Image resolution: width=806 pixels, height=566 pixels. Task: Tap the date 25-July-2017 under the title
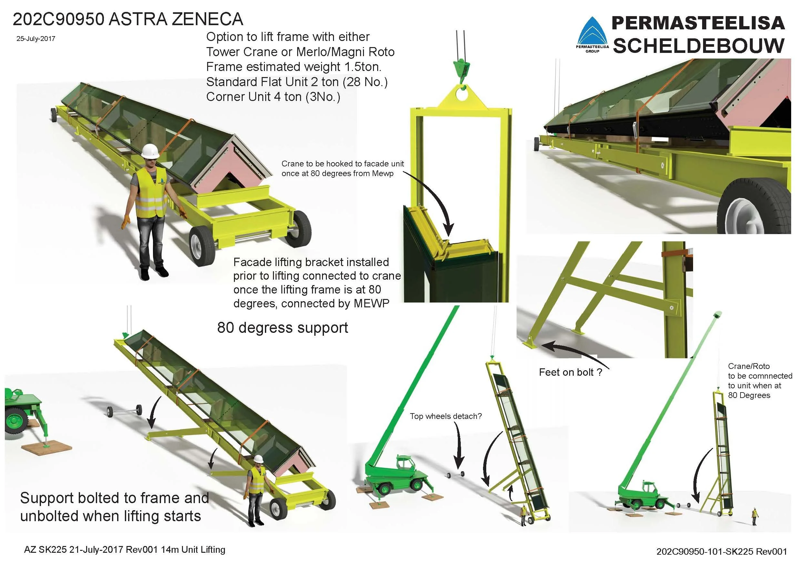coord(35,39)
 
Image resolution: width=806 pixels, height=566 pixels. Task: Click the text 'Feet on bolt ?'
coord(570,372)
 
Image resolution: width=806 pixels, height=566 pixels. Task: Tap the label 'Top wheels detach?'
coord(446,416)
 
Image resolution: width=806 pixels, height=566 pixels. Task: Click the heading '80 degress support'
coord(282,327)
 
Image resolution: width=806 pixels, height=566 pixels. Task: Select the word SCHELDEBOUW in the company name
coord(698,46)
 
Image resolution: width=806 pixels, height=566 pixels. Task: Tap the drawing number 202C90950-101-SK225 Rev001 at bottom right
coord(721,551)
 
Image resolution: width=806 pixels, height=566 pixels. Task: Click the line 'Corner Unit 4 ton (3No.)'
coord(273,97)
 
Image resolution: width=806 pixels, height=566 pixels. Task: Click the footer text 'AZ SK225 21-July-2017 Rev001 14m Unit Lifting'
coord(124,550)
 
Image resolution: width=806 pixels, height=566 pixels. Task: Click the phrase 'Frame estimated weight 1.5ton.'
coord(294,67)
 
